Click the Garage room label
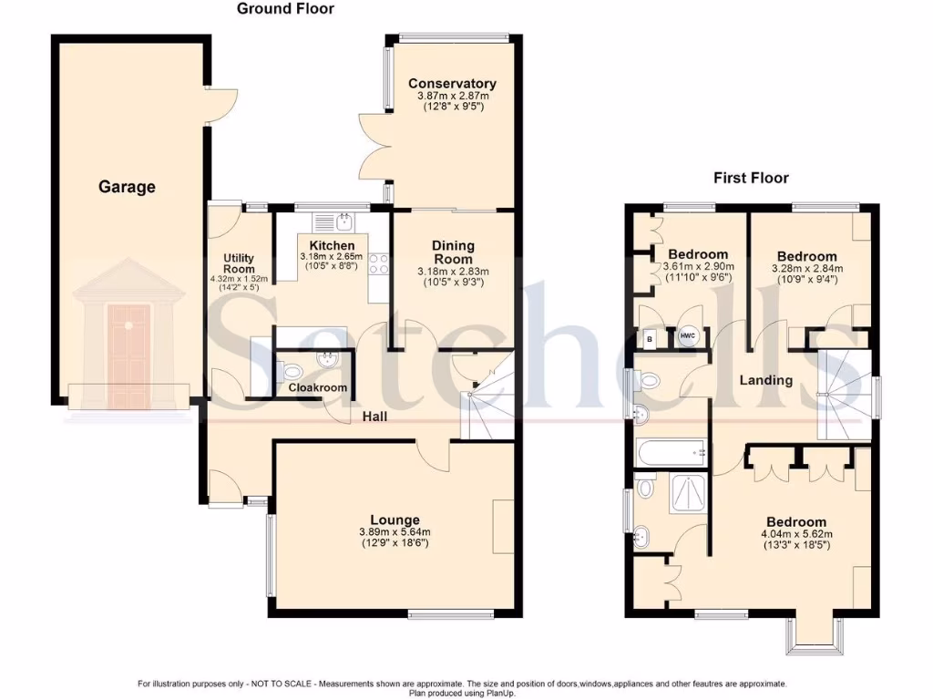(127, 187)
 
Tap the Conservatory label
(452, 84)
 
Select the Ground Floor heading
(285, 9)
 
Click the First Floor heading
(751, 178)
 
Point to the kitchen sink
(345, 221)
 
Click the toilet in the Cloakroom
(291, 370)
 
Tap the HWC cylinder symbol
(688, 338)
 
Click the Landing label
(765, 380)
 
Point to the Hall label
(375, 417)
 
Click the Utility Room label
(239, 263)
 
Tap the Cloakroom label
(318, 387)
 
